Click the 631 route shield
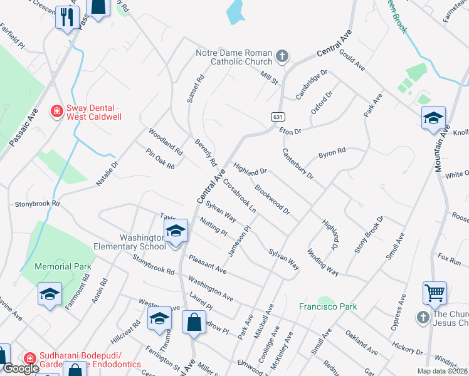[x=276, y=117]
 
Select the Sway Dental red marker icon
[x=56, y=111]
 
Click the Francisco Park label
[x=327, y=306]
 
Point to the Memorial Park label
[x=63, y=266]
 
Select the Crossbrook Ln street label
[x=240, y=196]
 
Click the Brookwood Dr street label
[x=272, y=200]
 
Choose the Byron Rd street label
[x=332, y=152]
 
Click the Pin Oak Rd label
[x=160, y=159]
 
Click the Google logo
[x=21, y=368]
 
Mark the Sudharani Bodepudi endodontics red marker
[x=28, y=357]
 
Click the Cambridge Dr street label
[x=312, y=83]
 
